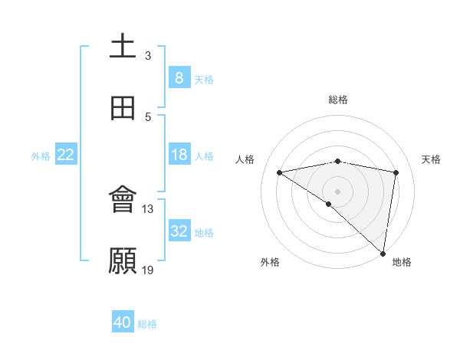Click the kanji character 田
coord(123,108)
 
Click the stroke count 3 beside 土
coord(148,56)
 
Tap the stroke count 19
coord(148,270)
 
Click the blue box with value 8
coord(179,77)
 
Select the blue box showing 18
coord(179,155)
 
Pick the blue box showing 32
coord(179,231)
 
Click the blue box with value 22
coord(66,155)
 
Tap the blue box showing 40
coord(123,322)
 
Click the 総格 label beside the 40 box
coord(148,324)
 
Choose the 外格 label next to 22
coord(41,156)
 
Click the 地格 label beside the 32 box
coord(205,233)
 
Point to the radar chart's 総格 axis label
coord(338,100)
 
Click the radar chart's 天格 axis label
coord(432,159)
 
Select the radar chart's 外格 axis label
coord(270,262)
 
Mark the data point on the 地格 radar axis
coord(383,253)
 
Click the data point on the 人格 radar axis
coord(280,172)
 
